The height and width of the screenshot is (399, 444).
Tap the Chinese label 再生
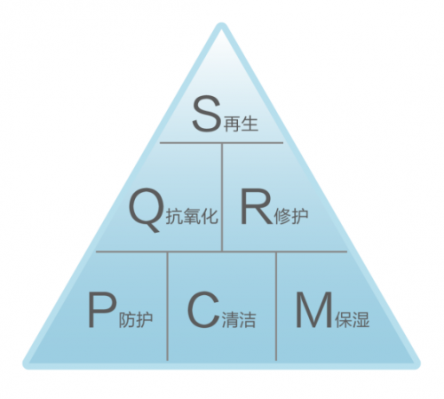click(241, 124)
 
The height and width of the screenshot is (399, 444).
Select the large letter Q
click(147, 210)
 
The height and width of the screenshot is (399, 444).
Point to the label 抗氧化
click(192, 216)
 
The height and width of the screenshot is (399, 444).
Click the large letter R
click(256, 207)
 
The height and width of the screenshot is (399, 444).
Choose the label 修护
click(291, 216)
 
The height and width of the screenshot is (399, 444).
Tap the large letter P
click(101, 309)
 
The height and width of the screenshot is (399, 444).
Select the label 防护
click(136, 320)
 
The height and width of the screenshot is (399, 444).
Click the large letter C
click(203, 309)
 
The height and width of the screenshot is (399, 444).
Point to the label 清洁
click(239, 320)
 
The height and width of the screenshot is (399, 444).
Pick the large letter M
click(314, 309)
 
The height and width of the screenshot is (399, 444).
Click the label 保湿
click(353, 320)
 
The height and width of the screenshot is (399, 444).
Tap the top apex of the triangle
click(221, 24)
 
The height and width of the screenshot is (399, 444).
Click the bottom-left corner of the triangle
click(25, 366)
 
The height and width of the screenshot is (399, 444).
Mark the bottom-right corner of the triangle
click(418, 366)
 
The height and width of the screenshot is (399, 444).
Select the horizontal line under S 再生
click(221, 143)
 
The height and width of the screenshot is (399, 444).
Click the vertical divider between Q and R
click(222, 197)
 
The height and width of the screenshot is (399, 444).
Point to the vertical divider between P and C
click(168, 307)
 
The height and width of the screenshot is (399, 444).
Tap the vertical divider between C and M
click(276, 307)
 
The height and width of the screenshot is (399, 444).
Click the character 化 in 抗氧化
click(210, 216)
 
